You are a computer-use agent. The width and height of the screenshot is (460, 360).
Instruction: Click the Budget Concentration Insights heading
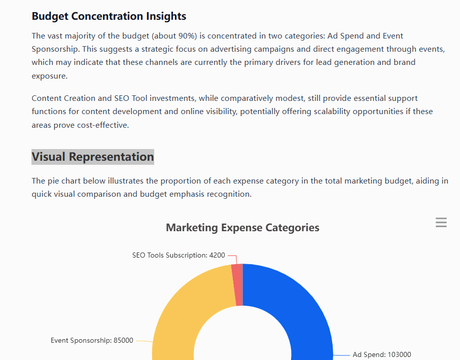[x=109, y=16]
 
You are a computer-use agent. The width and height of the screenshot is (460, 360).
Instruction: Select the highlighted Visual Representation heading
[x=92, y=157]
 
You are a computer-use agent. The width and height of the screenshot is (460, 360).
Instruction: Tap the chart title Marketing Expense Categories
[x=242, y=228]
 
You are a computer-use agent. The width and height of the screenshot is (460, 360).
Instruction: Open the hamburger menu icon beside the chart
[x=441, y=223]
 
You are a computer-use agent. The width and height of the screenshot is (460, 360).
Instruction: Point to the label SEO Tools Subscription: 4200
[x=178, y=255]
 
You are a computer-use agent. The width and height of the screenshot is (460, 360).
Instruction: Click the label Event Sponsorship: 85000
[x=92, y=340]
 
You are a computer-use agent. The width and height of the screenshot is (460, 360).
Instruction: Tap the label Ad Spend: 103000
[x=382, y=354]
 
